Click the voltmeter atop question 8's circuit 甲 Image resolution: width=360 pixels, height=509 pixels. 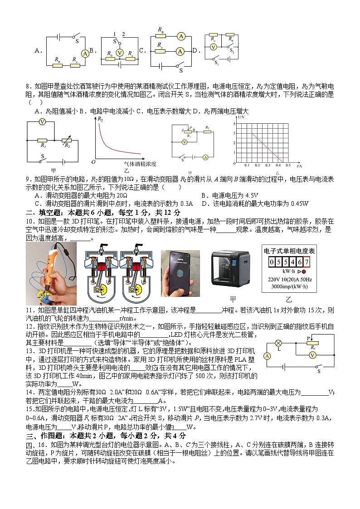(42, 122)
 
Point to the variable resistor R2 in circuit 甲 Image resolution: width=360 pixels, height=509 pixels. (67, 140)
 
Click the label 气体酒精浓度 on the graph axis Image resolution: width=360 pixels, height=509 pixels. (140, 164)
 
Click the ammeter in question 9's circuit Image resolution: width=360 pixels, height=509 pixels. (205, 157)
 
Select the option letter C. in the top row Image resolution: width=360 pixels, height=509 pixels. (141, 51)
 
